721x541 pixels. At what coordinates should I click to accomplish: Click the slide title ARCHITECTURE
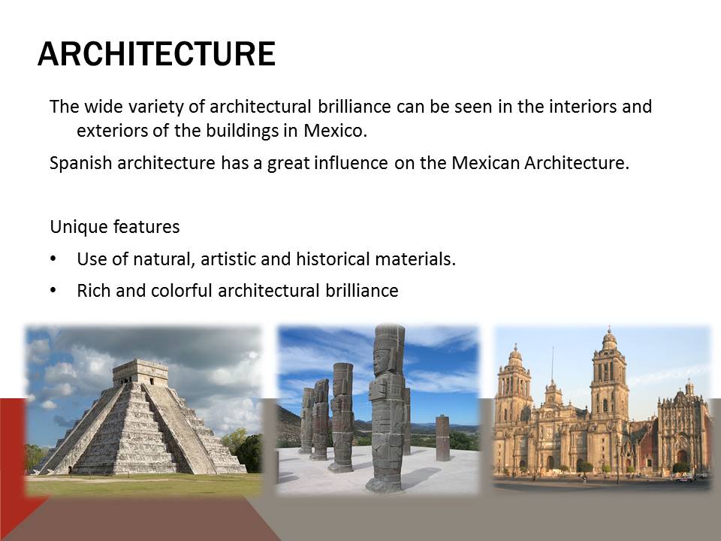(x=156, y=54)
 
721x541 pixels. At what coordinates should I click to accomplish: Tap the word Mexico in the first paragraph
(x=335, y=131)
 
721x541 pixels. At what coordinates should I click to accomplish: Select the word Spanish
(x=80, y=164)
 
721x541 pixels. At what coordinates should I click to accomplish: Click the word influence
(x=351, y=163)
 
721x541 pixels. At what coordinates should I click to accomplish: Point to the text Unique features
(x=114, y=227)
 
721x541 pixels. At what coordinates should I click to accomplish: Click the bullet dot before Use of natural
(x=53, y=259)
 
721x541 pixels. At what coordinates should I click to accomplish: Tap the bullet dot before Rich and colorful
(x=53, y=290)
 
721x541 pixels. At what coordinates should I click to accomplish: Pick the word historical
(x=333, y=259)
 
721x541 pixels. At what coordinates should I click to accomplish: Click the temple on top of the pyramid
(x=140, y=372)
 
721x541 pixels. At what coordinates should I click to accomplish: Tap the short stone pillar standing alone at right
(x=442, y=437)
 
